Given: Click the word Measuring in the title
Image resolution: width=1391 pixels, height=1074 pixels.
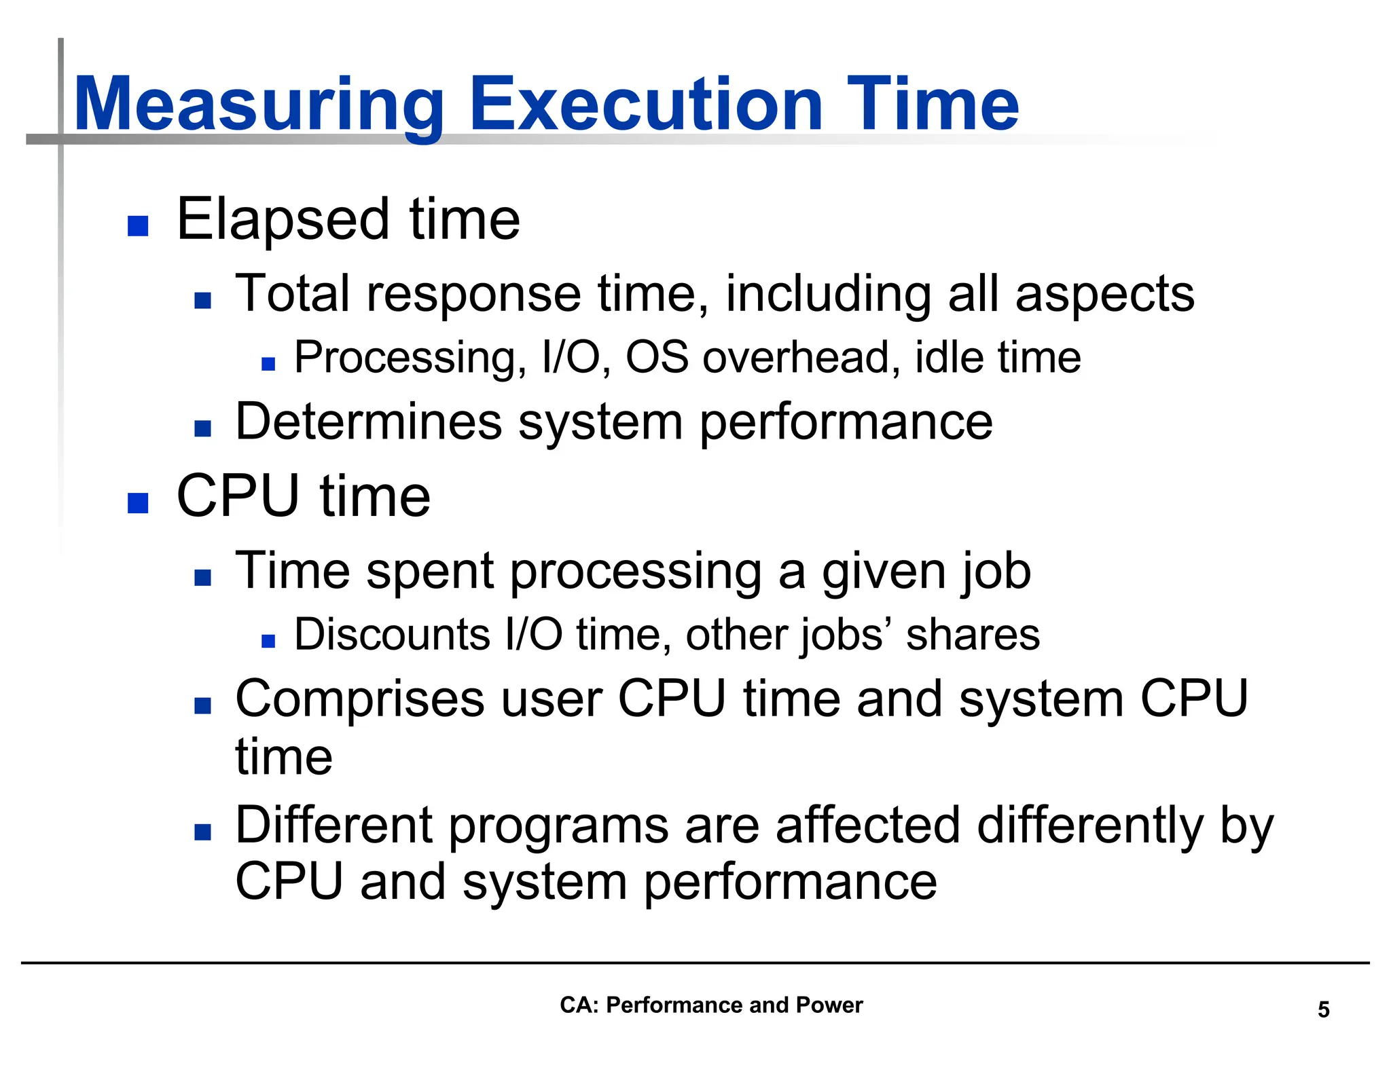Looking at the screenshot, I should tap(258, 105).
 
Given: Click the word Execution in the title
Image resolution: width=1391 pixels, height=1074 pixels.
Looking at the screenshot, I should tap(646, 105).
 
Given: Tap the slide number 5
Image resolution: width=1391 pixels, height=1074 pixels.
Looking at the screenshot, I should tap(1323, 1010).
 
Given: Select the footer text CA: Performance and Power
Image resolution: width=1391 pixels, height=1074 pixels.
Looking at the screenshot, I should tap(710, 1005).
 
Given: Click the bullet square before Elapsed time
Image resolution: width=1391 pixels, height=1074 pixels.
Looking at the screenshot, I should tap(138, 226).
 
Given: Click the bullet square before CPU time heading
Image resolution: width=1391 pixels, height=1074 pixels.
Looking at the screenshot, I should tap(138, 503).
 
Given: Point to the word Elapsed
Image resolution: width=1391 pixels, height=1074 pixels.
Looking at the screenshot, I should tap(283, 220).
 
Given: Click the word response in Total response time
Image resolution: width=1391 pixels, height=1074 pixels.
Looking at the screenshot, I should tap(473, 294).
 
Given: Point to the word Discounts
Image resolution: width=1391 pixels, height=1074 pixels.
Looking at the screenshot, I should tap(392, 635).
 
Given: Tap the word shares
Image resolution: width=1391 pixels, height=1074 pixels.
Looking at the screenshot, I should tap(973, 635).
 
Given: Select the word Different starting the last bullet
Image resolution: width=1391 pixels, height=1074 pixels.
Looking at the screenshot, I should tap(333, 826).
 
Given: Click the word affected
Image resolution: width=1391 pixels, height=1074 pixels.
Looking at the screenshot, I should tap(867, 826).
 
